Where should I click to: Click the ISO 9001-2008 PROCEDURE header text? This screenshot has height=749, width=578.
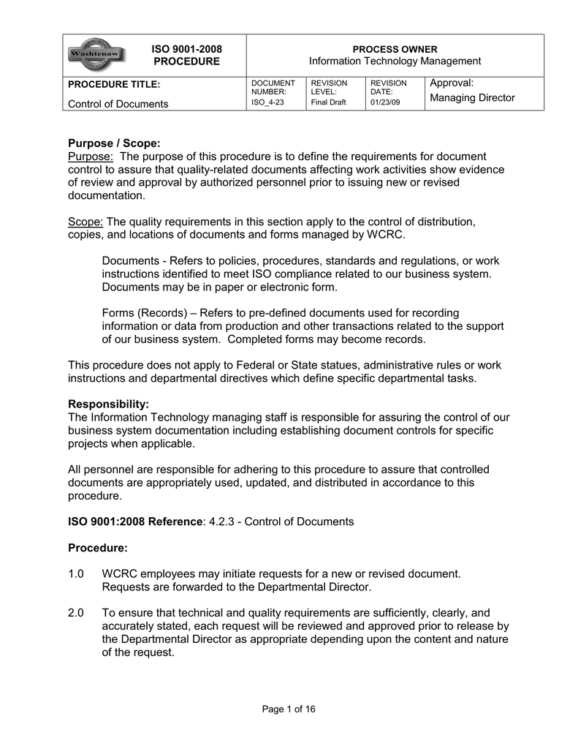click(186, 55)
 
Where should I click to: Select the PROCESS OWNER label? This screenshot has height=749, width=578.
click(395, 49)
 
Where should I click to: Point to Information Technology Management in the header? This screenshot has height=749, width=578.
click(395, 61)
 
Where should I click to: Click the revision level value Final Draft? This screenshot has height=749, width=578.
click(328, 102)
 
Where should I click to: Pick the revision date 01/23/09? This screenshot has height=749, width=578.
click(386, 102)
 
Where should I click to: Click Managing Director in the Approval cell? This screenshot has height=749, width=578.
click(472, 98)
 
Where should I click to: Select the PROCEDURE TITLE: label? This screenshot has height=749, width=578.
click(113, 85)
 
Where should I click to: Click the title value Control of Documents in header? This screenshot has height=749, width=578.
click(118, 104)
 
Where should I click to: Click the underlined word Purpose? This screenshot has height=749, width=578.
click(91, 157)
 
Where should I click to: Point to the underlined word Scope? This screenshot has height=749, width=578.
click(86, 222)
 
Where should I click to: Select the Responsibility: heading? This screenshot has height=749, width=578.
click(108, 404)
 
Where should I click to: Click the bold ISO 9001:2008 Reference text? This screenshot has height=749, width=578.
click(134, 522)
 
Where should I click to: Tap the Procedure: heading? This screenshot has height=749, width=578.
click(97, 548)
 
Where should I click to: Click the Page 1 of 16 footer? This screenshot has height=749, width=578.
click(289, 709)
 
